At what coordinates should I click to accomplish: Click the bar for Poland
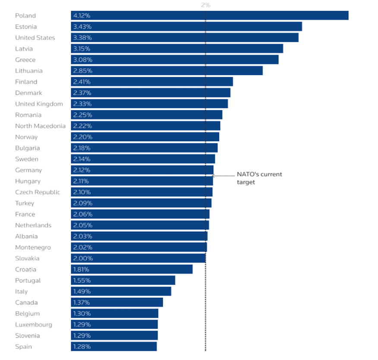tap(210, 16)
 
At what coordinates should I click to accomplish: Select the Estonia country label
tap(26, 27)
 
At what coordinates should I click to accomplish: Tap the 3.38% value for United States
tap(82, 38)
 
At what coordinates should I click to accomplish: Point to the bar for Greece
tap(175, 60)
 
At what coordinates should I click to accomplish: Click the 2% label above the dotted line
tap(205, 5)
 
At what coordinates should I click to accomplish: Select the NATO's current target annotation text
tap(259, 178)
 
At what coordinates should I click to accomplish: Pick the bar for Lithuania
tap(167, 71)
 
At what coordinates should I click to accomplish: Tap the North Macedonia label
tap(40, 126)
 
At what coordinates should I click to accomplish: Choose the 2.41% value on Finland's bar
tap(82, 82)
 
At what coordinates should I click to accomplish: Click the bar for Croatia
tap(132, 269)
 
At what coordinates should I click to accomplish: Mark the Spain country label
tap(23, 347)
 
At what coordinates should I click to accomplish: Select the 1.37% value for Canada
tap(82, 303)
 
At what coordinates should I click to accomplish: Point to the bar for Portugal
tap(123, 281)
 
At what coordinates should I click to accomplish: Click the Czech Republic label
tap(38, 192)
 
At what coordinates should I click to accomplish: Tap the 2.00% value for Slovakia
tap(83, 259)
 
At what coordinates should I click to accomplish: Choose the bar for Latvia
tap(177, 49)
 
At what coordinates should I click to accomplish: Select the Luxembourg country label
tap(34, 325)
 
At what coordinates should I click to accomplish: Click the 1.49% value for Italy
tap(82, 291)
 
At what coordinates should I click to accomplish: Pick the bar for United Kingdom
tap(149, 104)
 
